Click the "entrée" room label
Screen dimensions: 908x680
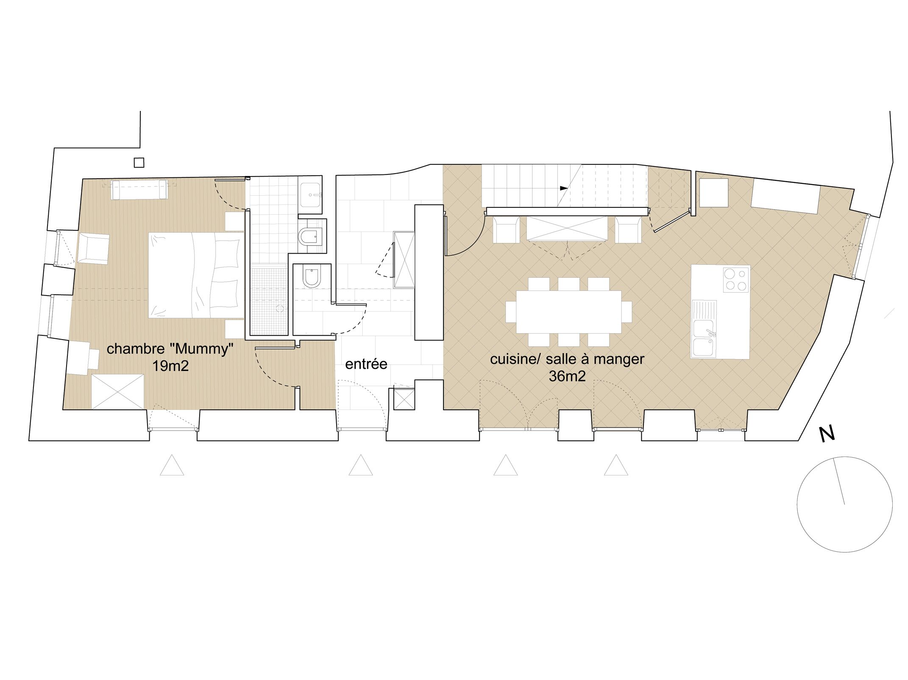point(366,364)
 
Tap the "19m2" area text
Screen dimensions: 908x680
point(170,366)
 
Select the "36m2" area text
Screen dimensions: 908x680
point(567,376)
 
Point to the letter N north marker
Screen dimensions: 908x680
point(827,434)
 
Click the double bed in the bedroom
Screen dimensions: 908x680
point(196,275)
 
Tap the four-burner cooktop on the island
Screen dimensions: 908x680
point(736,279)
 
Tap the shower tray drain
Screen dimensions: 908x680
point(280,308)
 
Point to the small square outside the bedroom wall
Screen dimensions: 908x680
point(139,162)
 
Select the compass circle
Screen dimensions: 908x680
point(844,504)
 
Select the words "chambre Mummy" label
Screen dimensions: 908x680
point(170,349)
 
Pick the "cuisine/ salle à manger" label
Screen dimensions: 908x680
point(567,359)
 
